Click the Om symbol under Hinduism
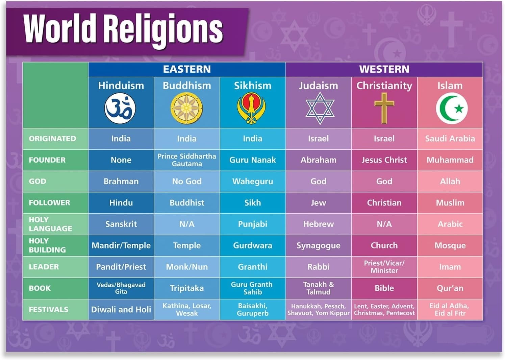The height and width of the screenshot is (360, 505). click(120, 108)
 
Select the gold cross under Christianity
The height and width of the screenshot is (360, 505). click(384, 108)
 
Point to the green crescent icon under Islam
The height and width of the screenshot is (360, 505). click(451, 108)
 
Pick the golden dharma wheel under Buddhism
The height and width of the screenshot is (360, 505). click(186, 108)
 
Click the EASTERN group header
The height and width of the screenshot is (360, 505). click(187, 69)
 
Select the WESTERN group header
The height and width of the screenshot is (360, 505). click(384, 69)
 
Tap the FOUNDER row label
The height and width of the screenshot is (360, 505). click(47, 160)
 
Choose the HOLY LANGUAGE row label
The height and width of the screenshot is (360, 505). click(50, 224)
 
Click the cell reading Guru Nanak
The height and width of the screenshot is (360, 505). click(252, 160)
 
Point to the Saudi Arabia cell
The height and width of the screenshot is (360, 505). click(450, 139)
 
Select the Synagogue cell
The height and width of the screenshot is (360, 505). click(318, 245)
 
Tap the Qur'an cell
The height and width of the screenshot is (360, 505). click(450, 288)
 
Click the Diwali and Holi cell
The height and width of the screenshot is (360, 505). click(121, 309)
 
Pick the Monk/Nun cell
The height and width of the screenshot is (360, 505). click(187, 267)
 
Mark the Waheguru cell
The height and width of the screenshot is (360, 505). click(252, 182)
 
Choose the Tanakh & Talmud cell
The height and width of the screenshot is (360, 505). click(318, 288)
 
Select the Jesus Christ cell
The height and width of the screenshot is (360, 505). click(384, 160)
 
